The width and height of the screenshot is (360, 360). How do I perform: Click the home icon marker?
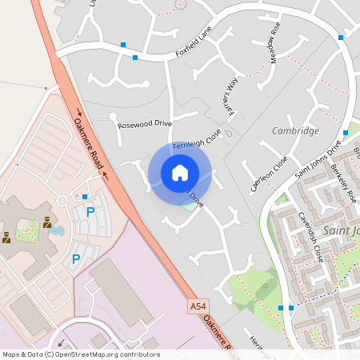(180, 172)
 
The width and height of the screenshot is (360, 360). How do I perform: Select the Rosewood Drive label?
(145, 124)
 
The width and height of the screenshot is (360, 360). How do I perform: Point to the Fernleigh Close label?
(197, 138)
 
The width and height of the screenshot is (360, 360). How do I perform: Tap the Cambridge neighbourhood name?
(295, 130)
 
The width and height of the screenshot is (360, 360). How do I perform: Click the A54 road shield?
(198, 306)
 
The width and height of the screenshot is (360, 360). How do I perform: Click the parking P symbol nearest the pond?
(90, 212)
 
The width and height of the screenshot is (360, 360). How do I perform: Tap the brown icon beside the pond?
(46, 222)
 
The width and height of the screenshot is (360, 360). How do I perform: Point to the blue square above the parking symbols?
(85, 196)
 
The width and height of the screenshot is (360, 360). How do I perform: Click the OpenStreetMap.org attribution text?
(104, 354)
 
